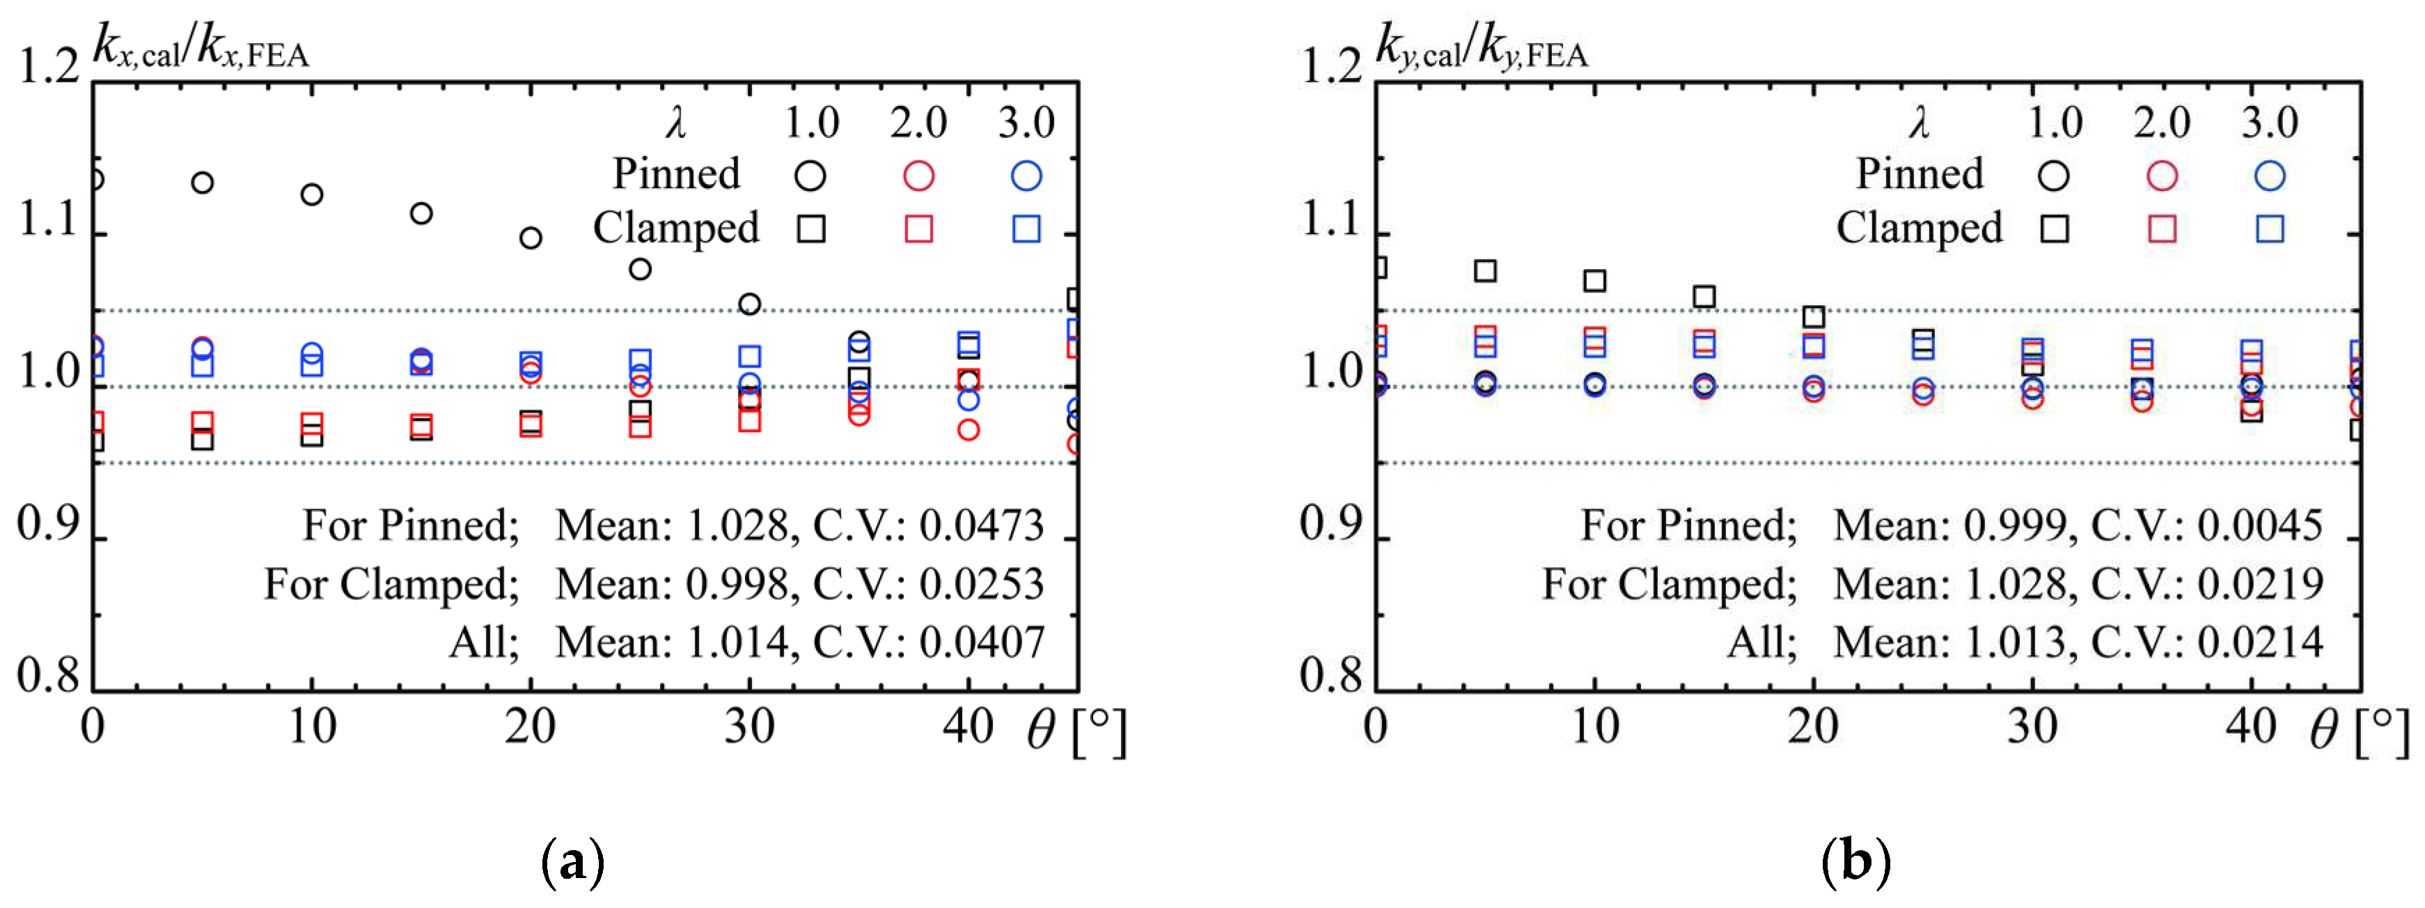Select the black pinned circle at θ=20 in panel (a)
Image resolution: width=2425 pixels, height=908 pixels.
(531, 238)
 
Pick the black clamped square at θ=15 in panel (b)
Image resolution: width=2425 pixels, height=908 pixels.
(1704, 297)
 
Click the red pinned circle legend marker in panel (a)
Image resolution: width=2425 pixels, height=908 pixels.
(918, 175)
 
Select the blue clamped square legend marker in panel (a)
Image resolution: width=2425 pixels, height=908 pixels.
(1026, 229)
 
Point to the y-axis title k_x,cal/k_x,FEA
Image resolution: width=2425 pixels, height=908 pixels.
(201, 47)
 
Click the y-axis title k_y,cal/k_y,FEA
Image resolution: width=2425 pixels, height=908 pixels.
(1482, 47)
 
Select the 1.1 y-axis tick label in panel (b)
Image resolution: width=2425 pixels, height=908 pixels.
(1331, 220)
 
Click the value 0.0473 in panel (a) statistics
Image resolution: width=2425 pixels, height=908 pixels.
(982, 525)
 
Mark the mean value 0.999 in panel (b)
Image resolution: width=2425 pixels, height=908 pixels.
(2014, 525)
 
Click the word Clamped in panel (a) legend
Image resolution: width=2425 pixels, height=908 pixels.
(676, 228)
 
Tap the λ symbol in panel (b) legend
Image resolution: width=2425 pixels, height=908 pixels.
(1920, 123)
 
